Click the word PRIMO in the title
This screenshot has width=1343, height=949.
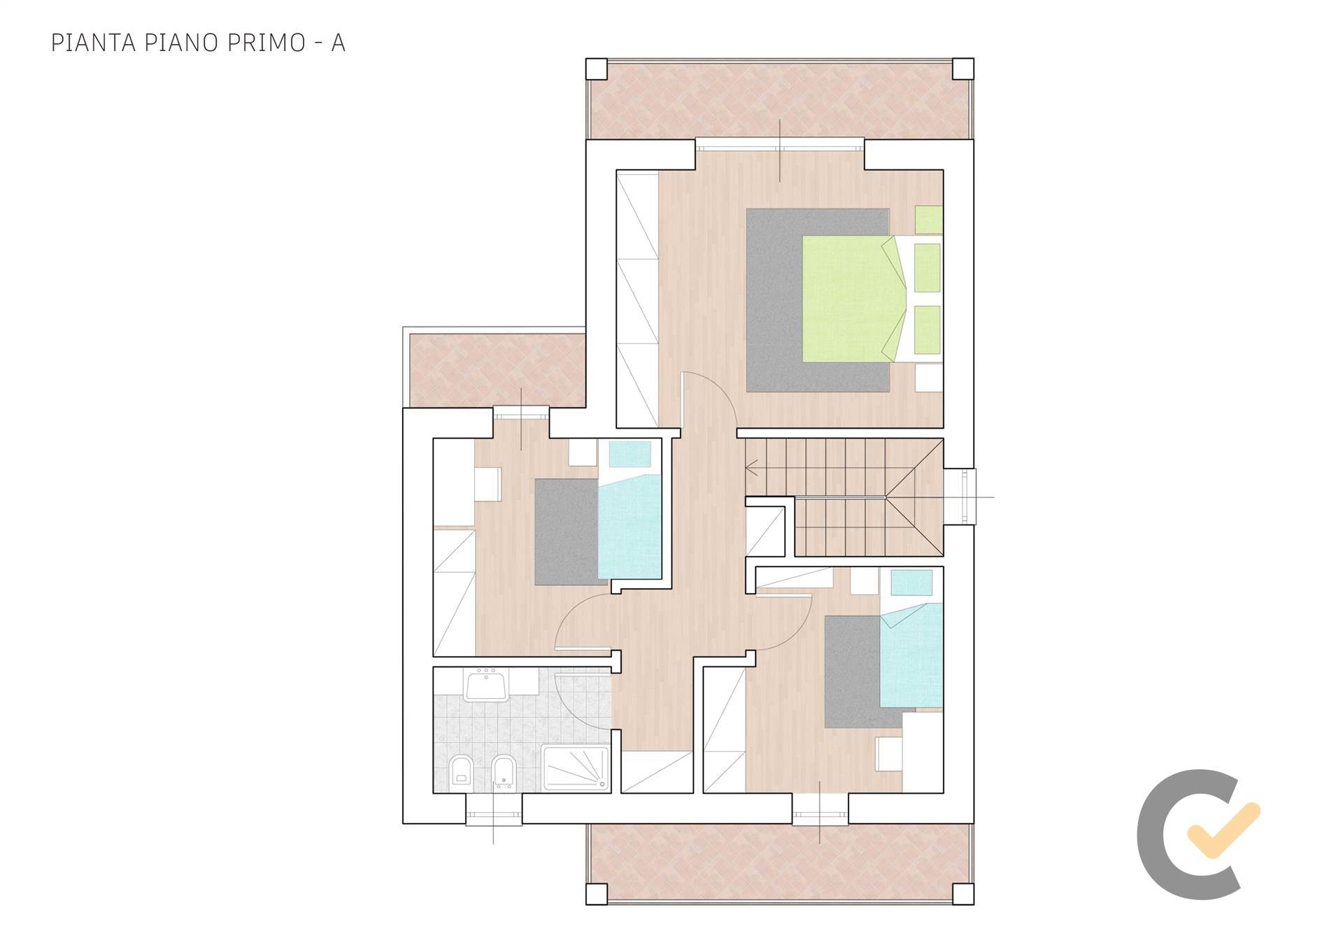267,43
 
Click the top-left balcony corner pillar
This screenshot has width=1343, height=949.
597,69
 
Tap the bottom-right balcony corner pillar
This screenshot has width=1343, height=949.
962,894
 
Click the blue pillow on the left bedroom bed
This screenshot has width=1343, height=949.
630,455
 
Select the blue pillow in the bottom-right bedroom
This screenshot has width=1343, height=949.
911,583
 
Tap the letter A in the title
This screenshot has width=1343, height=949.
338,43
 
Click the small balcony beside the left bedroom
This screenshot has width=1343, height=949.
497,370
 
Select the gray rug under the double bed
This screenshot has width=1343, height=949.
818,300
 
